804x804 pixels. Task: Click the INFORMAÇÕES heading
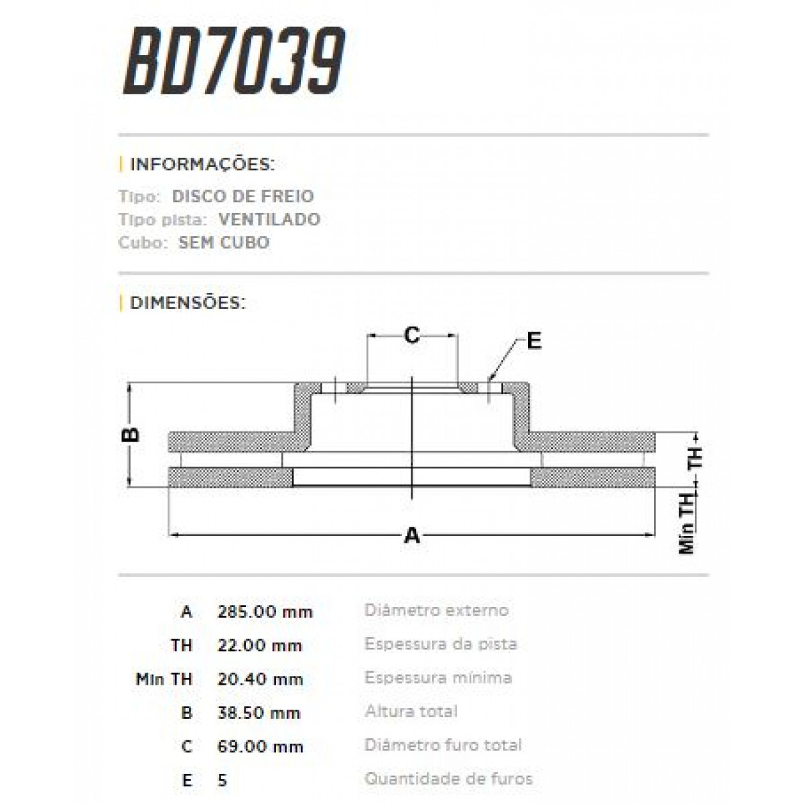tap(202, 165)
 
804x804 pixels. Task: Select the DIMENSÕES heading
tap(188, 303)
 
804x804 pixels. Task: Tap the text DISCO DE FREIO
tap(243, 197)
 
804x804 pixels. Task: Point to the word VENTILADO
tap(269, 220)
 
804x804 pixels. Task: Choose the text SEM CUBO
tap(224, 243)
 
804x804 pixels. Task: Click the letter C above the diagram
tap(412, 334)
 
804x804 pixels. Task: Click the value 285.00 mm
tap(265, 612)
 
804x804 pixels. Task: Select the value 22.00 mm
tap(260, 646)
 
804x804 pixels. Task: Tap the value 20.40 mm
tap(260, 679)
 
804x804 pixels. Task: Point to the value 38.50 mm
tap(259, 713)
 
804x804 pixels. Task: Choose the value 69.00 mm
tap(260, 746)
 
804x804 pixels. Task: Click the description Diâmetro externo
tap(436, 610)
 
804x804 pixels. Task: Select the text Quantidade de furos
tap(448, 779)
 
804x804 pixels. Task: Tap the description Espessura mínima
tap(438, 678)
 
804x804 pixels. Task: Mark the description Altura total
tap(411, 712)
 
